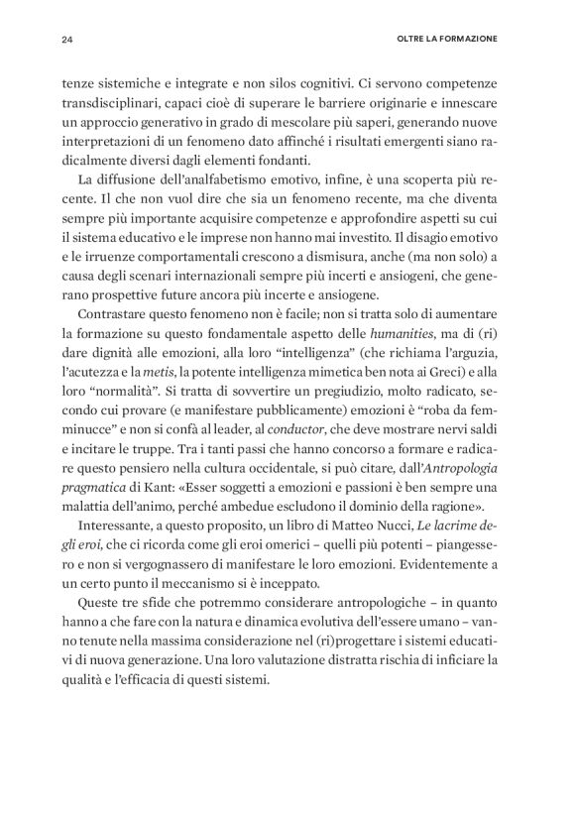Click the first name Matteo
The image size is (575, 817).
click(369, 553)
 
